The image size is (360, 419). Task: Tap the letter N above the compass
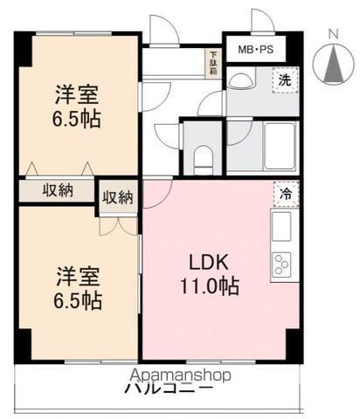(x=333, y=34)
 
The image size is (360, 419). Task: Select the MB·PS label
(x=255, y=50)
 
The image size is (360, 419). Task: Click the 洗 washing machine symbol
(x=285, y=79)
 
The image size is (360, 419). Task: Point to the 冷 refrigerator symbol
(x=285, y=193)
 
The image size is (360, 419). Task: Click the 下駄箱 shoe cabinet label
(x=212, y=64)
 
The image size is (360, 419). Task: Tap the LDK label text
(x=209, y=261)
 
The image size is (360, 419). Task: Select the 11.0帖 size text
(x=209, y=285)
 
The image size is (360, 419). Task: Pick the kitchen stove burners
(x=283, y=263)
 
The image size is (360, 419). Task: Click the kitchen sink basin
(x=282, y=225)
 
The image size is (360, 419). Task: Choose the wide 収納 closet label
(x=58, y=190)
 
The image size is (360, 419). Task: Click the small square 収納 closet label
(x=118, y=196)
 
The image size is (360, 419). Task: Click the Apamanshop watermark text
(x=178, y=375)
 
